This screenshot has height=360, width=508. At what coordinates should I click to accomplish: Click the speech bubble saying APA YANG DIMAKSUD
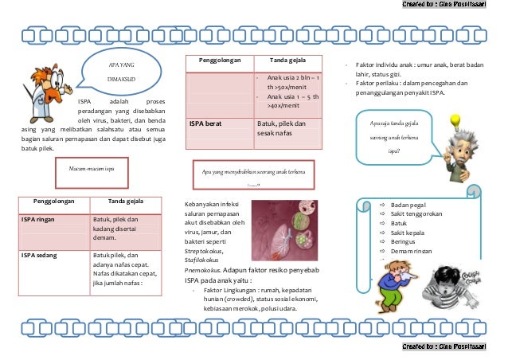pyautogui.click(x=123, y=71)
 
